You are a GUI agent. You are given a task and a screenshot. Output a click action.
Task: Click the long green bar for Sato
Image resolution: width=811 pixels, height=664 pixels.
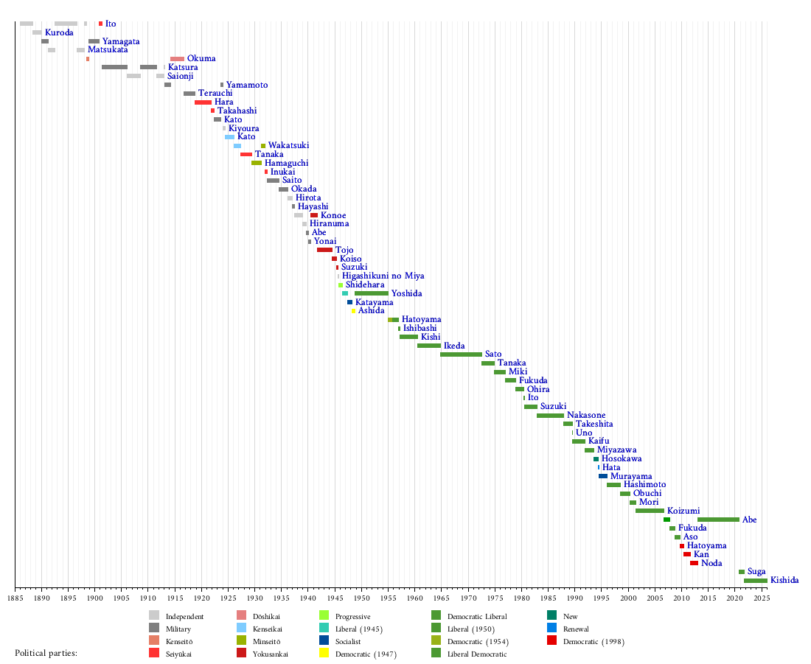click(461, 354)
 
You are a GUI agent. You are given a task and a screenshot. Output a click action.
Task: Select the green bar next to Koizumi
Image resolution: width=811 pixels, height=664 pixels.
click(650, 511)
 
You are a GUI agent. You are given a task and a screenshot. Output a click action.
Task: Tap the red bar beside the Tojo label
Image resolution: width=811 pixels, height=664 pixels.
click(324, 250)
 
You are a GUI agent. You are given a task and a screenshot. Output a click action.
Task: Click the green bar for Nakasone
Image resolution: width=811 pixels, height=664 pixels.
click(550, 416)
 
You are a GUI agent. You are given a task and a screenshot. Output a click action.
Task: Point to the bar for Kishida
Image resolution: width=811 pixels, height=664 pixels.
click(755, 581)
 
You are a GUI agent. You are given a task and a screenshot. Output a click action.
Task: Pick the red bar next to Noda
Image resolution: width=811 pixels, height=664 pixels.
click(694, 563)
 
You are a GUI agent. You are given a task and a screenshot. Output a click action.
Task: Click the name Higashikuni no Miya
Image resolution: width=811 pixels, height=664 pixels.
click(383, 276)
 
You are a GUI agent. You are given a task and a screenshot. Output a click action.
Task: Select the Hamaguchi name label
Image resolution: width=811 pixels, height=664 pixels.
click(286, 163)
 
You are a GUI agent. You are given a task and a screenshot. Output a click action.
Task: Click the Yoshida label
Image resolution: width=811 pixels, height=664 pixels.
click(406, 293)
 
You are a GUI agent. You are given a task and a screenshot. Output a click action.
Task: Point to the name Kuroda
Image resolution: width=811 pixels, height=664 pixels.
click(59, 33)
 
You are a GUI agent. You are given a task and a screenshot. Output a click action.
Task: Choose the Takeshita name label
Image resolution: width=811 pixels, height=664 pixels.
click(595, 424)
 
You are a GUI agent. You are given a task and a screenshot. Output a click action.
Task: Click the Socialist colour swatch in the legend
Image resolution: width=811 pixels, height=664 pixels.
click(324, 642)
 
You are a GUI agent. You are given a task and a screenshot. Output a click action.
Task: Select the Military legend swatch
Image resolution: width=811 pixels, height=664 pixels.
click(153, 629)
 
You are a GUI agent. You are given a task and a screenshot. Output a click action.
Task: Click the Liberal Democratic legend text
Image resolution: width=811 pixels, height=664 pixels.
click(478, 654)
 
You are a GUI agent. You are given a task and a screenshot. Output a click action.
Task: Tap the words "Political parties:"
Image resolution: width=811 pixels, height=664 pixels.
click(46, 653)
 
